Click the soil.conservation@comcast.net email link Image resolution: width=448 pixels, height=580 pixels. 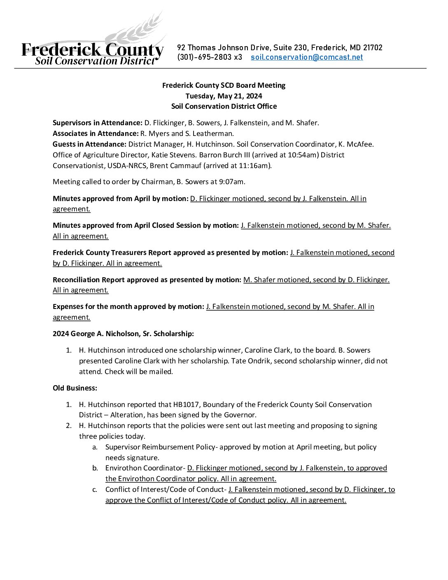click(307, 57)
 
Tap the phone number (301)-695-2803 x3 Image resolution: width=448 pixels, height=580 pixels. click(210, 57)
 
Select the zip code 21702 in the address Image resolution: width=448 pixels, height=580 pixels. click(373, 48)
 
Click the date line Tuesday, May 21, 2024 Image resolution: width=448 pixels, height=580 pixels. click(224, 96)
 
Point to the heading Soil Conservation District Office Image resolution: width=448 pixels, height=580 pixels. click(224, 106)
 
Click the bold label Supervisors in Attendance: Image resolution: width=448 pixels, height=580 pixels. click(98, 123)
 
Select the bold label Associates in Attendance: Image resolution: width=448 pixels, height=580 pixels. click(96, 133)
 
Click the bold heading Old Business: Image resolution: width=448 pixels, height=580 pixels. click(75, 388)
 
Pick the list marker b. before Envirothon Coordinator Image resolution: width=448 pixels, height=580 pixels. click(95, 468)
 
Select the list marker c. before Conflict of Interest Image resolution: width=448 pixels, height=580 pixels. click(95, 490)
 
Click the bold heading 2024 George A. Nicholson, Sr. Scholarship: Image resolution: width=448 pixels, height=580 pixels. click(123, 334)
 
